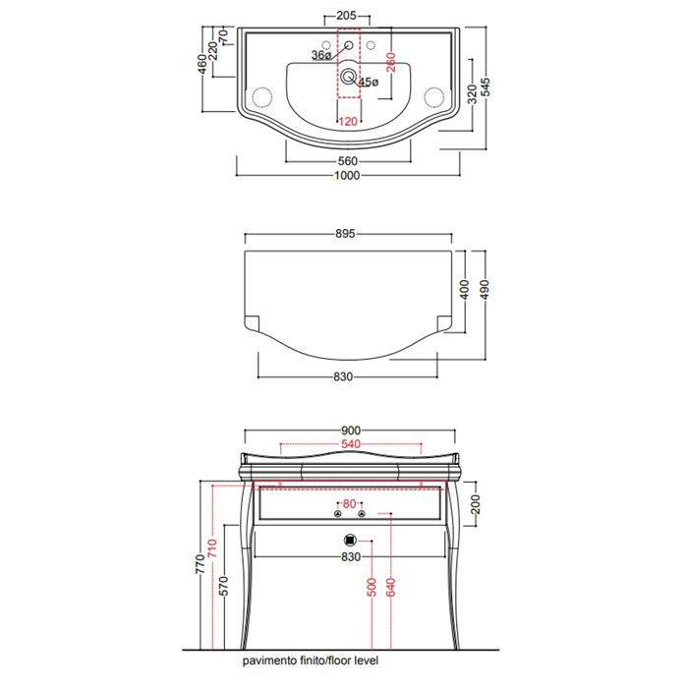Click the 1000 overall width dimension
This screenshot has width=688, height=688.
coord(347,176)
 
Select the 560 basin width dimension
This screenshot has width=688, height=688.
coord(348,161)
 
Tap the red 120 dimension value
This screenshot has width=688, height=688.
coord(348,121)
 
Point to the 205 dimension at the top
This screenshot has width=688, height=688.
coord(346,16)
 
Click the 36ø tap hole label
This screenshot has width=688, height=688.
coord(321,55)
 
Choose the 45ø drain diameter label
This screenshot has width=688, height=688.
coord(369,82)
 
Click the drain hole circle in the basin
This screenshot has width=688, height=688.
coord(348,77)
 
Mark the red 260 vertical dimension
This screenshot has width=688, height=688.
coord(390,62)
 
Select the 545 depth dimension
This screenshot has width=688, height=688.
coord(486,86)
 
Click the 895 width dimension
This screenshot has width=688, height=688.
coord(345,234)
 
